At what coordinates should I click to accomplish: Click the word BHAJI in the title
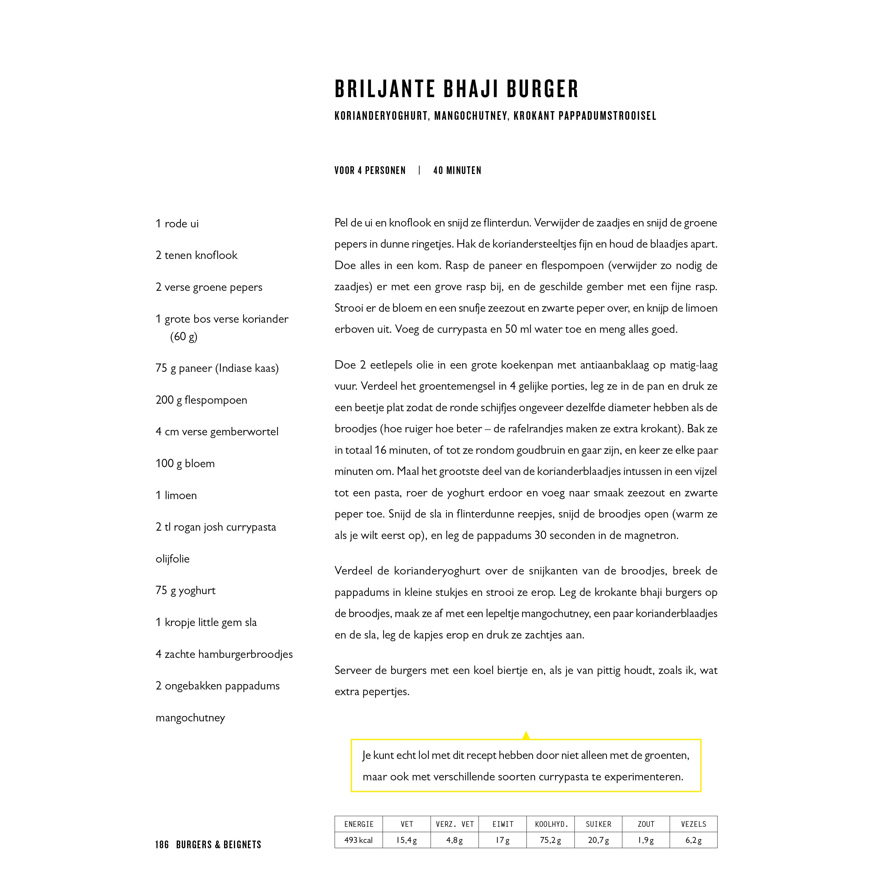coord(470,89)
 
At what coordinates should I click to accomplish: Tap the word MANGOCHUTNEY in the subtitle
coord(470,116)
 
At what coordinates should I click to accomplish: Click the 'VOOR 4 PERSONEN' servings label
coord(370,171)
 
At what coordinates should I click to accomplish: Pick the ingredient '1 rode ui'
coord(177,224)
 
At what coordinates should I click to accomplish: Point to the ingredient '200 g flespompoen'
coord(201,400)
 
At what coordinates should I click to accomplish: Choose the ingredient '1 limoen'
coord(176,496)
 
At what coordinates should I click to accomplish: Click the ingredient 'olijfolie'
coord(172,559)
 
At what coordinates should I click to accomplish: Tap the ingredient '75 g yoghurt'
coord(185,591)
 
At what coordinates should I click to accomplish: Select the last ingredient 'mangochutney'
coord(190,718)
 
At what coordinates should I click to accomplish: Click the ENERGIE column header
coord(358,824)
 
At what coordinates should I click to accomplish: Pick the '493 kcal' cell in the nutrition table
coord(358,841)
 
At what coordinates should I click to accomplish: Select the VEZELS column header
coord(693,824)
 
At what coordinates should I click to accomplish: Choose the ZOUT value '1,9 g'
coord(646,841)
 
